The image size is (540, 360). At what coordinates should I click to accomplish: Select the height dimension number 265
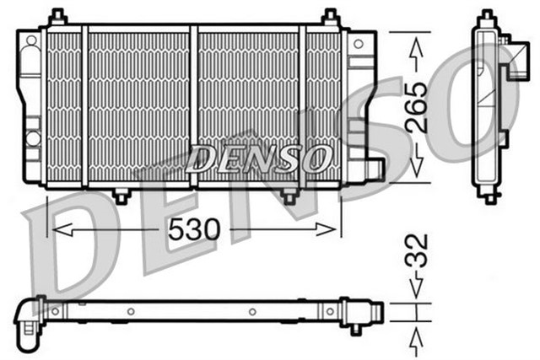[x=415, y=106]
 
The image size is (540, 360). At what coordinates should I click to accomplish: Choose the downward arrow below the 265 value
[x=415, y=161]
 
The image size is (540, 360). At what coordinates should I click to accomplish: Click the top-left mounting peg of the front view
[x=57, y=17]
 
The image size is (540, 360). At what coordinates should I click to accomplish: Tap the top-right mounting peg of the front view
[x=331, y=17]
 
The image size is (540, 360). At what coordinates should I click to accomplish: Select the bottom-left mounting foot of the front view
[x=121, y=196]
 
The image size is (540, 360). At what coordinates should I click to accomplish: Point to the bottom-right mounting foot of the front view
[x=289, y=196]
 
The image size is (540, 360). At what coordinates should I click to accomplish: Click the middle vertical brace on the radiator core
[x=195, y=105]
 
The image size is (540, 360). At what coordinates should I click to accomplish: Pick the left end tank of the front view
[x=32, y=105]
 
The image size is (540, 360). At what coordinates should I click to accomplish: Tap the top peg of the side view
[x=487, y=17]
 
